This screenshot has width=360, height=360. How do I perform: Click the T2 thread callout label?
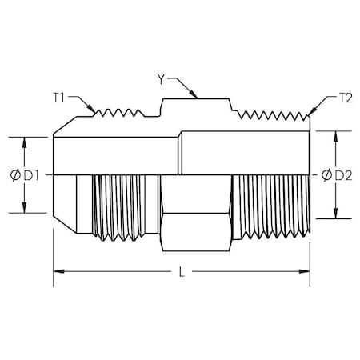click(346, 98)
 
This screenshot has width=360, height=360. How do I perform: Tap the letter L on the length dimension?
click(182, 273)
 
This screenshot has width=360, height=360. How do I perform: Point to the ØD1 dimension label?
click(22, 174)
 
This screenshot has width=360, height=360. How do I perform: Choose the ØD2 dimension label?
click(334, 174)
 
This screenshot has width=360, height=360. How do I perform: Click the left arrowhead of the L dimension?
click(58, 273)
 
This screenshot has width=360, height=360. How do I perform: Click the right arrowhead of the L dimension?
click(306, 273)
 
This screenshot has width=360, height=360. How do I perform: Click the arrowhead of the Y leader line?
click(195, 97)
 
